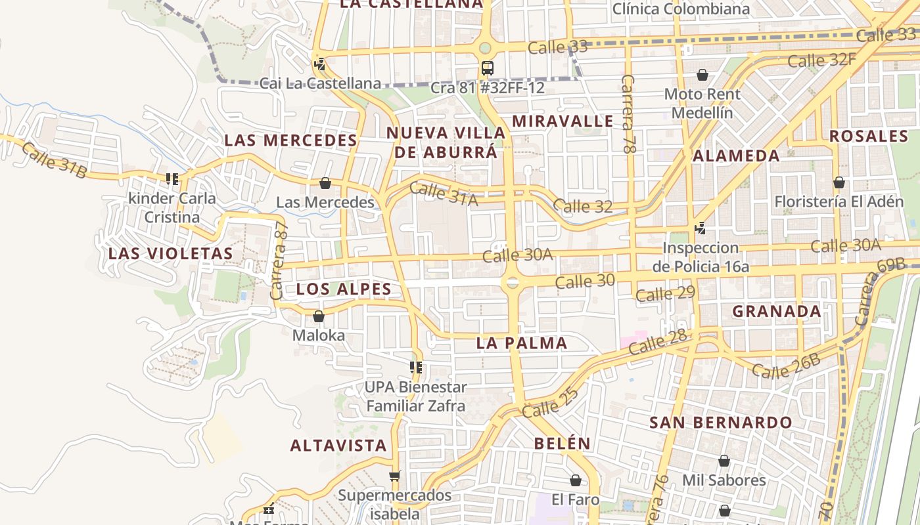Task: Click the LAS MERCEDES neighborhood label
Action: tap(290, 140)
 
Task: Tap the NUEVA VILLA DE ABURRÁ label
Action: tap(446, 142)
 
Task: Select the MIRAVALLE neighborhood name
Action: tap(563, 121)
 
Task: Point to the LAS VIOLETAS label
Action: tap(171, 254)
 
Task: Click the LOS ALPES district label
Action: tap(344, 289)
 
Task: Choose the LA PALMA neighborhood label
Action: tap(522, 343)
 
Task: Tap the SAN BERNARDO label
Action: tap(721, 423)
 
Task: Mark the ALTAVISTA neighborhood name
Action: tap(338, 446)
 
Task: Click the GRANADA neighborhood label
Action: tap(777, 312)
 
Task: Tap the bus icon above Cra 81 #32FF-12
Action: tap(487, 68)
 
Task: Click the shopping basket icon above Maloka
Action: tap(319, 316)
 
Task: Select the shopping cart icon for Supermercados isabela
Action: tap(394, 476)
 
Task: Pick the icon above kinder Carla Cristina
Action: tap(172, 178)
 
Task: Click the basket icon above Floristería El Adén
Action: tap(839, 182)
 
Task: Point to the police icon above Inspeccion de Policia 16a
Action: tap(701, 228)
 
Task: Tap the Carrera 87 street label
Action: tap(279, 261)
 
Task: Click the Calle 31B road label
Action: tap(54, 159)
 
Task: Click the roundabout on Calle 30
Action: tap(512, 283)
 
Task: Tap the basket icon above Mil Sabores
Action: tap(724, 461)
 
